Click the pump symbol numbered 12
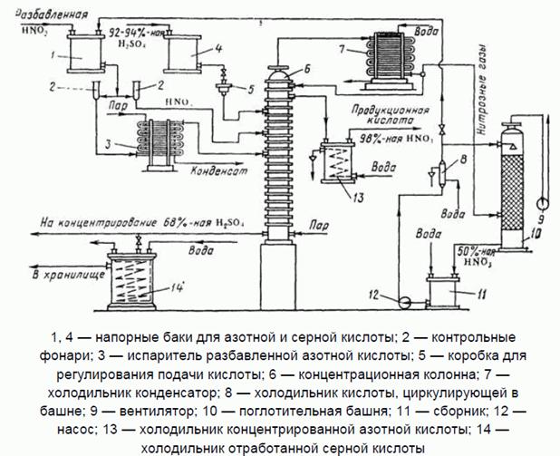coord(404,297)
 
